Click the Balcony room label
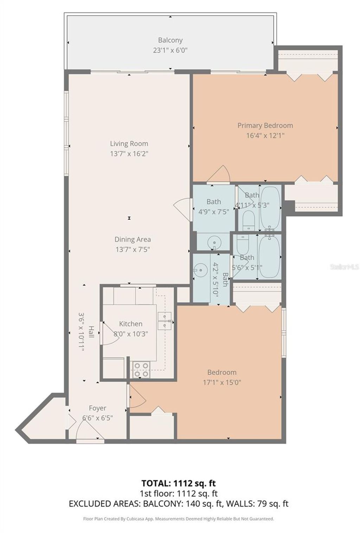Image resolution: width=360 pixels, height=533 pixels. [170, 40]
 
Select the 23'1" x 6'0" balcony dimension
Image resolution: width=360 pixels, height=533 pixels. [170, 50]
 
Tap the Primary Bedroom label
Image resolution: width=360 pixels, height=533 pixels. [265, 126]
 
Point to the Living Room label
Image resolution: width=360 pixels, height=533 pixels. [129, 144]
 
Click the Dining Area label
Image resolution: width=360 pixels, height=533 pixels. [133, 240]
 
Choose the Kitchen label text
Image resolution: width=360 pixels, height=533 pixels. [130, 324]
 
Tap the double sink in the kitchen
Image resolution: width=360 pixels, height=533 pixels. [164, 321]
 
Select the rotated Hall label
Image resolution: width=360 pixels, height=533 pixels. [91, 332]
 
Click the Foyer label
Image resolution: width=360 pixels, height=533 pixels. [97, 408]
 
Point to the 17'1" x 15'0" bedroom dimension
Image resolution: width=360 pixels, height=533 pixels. [222, 382]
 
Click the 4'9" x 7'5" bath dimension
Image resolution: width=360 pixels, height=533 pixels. [213, 212]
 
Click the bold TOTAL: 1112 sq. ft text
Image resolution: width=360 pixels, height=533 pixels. [179, 483]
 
